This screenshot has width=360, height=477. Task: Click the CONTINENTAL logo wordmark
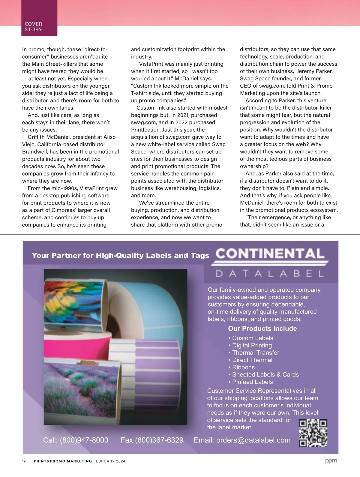click(270, 254)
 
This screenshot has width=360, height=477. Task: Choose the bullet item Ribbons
click(243, 367)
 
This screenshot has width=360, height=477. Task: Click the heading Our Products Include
click(262, 328)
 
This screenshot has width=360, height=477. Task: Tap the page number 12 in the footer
click(24, 461)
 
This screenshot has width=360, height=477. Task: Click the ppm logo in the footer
click(331, 461)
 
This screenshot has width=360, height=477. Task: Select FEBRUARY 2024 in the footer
click(109, 461)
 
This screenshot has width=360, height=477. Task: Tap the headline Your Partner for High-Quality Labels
click(120, 256)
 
